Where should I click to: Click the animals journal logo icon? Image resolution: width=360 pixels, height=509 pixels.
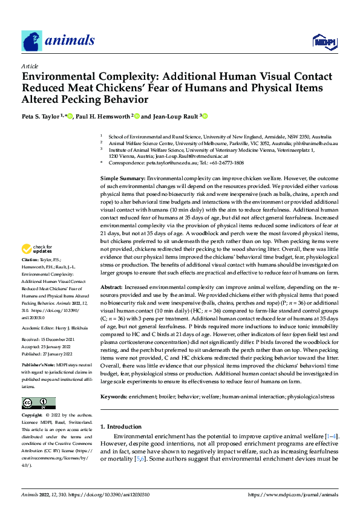31,41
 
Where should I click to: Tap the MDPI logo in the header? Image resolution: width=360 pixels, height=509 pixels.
324,42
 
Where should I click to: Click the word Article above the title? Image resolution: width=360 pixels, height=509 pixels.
30,66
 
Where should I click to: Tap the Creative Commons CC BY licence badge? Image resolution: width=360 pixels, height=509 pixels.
38,403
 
